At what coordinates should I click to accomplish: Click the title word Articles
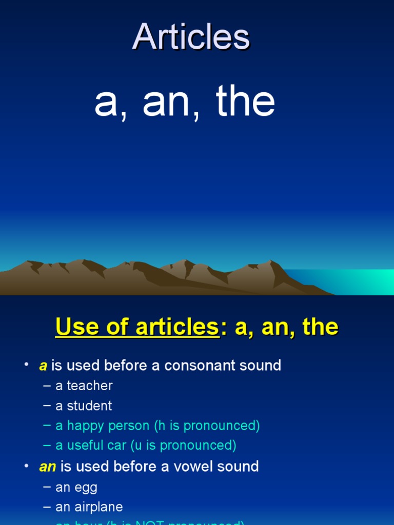tap(191, 37)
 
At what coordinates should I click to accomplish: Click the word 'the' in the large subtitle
tap(245, 102)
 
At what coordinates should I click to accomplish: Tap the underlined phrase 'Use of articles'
tap(137, 327)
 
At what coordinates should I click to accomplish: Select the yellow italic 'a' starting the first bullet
tap(43, 366)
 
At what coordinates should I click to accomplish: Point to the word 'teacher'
tap(90, 386)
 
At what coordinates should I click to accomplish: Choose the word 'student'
tap(89, 406)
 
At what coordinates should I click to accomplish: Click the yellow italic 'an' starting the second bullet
tap(47, 467)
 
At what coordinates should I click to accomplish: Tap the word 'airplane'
tap(99, 507)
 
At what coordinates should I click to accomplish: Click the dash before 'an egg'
tap(47, 487)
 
